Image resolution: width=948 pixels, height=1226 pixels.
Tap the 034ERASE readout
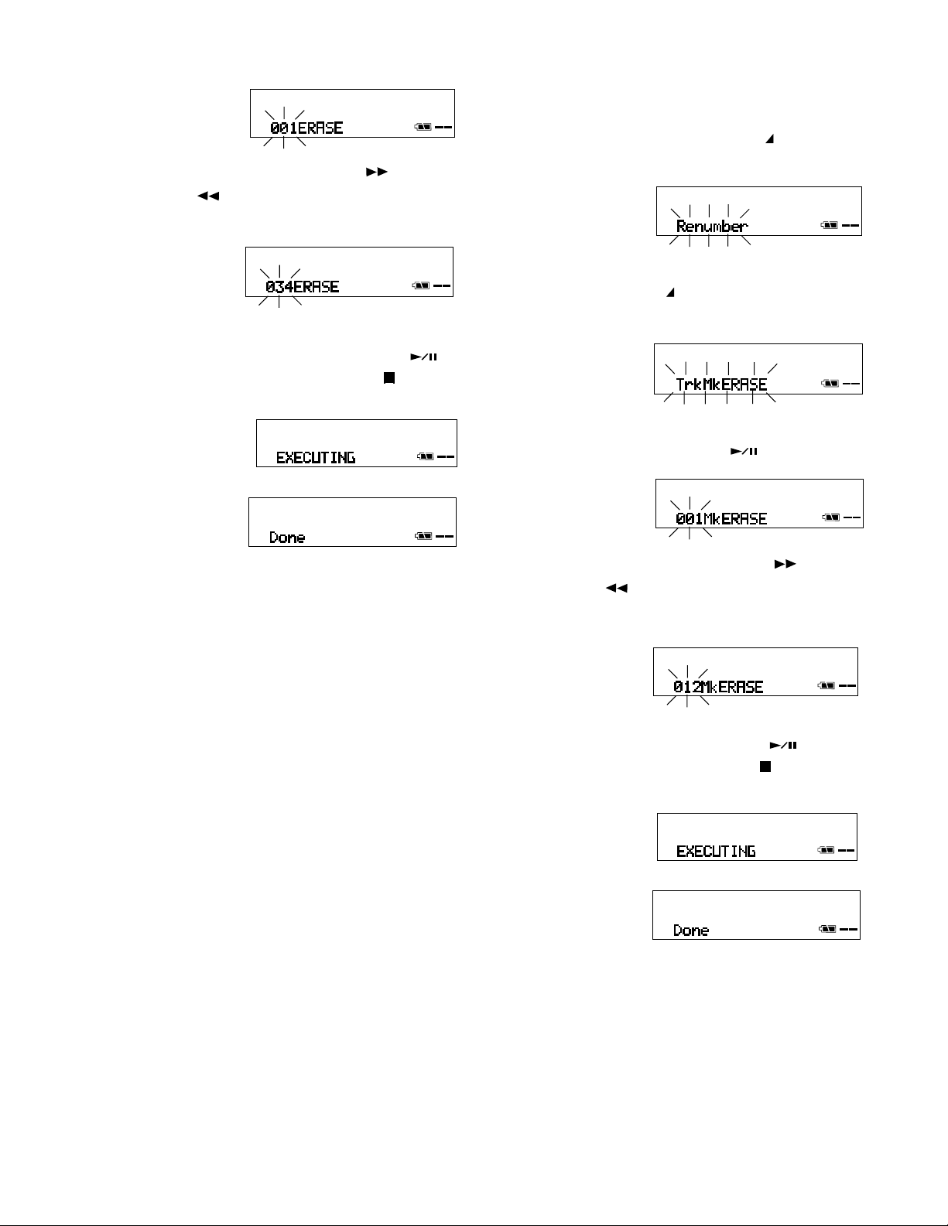302,287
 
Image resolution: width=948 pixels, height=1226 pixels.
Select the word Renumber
712,227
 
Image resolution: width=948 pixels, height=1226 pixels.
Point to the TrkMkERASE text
721,384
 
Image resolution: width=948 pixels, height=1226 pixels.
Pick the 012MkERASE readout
718,687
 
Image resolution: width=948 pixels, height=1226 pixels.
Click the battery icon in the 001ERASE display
423,128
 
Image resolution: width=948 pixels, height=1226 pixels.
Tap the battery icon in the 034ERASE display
421,286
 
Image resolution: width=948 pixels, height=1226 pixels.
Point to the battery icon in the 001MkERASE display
831,517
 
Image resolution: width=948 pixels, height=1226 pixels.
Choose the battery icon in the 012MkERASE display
827,685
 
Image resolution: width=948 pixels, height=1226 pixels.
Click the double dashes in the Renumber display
850,226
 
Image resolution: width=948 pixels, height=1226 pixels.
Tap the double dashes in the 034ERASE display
442,286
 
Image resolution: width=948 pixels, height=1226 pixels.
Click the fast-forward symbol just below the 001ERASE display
376,172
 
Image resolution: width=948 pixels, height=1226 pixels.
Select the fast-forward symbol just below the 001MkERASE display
785,565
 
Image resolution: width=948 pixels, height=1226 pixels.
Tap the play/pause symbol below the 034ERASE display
423,357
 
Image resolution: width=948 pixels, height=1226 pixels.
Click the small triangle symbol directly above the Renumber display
770,139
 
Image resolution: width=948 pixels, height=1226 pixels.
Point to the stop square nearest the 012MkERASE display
765,767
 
